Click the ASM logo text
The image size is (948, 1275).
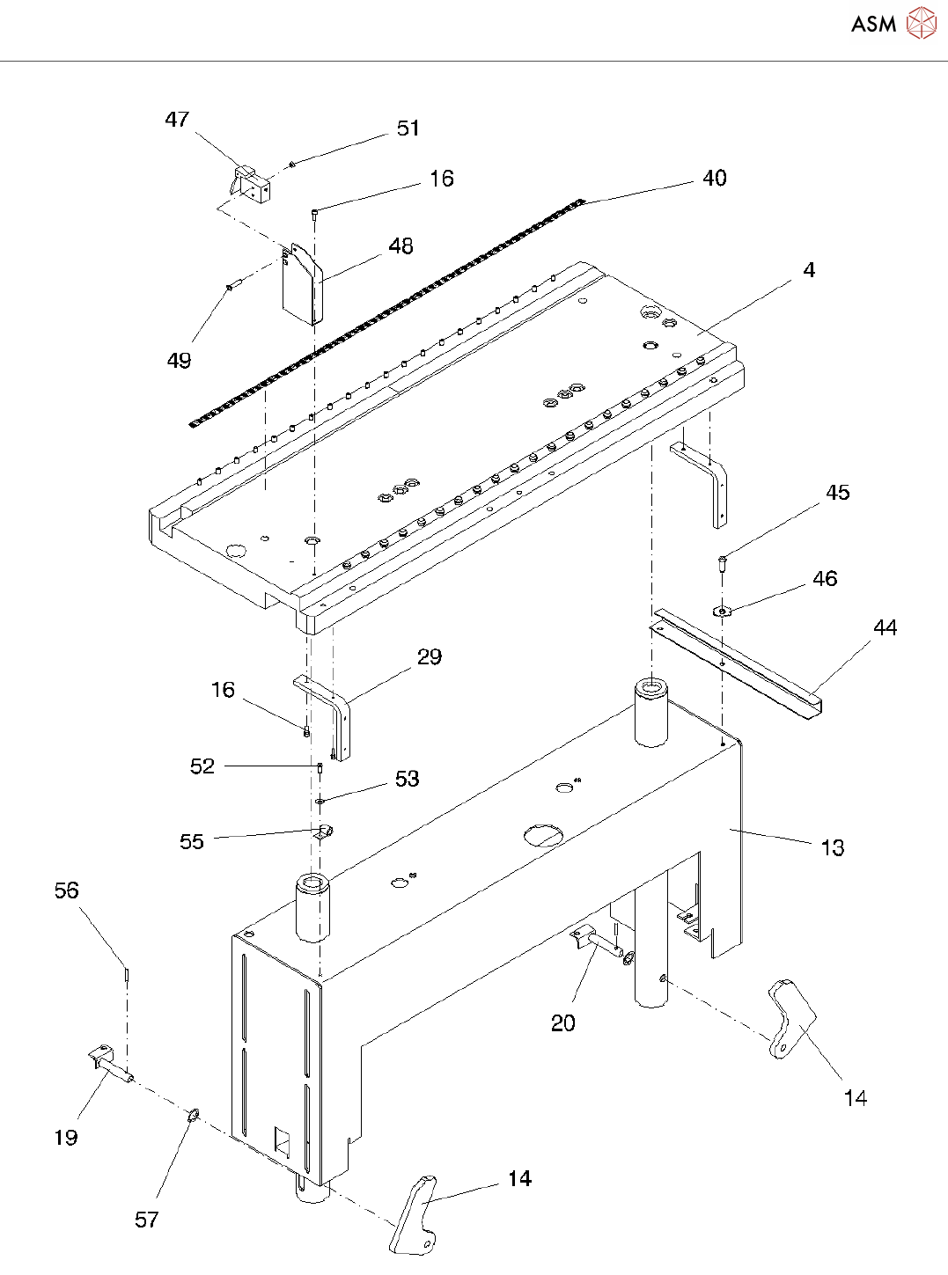(x=873, y=24)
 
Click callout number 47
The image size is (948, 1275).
(x=177, y=120)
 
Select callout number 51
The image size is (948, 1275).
(x=408, y=128)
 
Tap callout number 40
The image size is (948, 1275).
(x=715, y=179)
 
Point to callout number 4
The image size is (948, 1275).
(x=809, y=270)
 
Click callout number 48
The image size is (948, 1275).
(x=401, y=246)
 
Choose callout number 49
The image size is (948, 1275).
(x=179, y=361)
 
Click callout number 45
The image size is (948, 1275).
(x=838, y=493)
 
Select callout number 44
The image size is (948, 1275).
(x=885, y=628)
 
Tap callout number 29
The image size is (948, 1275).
(x=430, y=657)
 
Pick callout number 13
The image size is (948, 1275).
(x=832, y=848)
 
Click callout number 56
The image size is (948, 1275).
(x=67, y=890)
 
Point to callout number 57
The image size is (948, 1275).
(x=147, y=1220)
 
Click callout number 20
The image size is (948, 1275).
(x=563, y=1023)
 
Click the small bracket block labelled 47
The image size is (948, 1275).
(x=252, y=185)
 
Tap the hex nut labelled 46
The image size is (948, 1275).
(x=723, y=611)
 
